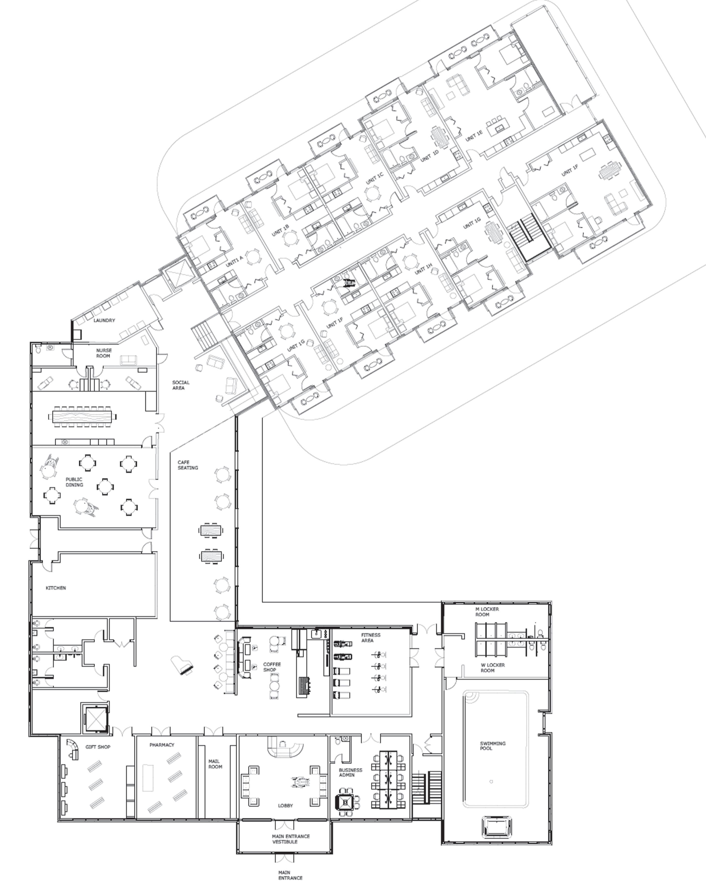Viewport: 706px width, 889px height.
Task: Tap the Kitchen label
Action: pos(56,588)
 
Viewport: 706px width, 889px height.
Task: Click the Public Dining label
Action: pos(74,482)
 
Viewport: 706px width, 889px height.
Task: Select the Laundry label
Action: pos(104,320)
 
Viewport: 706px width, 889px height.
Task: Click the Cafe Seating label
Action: pos(188,465)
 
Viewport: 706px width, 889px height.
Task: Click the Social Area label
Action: pos(181,385)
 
